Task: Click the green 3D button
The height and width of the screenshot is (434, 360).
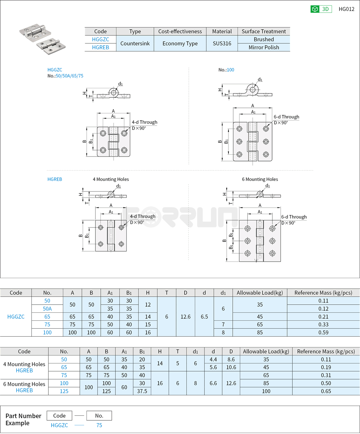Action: click(321, 9)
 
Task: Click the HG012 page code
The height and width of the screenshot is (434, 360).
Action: click(346, 9)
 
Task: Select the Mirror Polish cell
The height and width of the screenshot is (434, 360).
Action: click(264, 47)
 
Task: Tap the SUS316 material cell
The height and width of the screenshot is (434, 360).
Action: click(222, 43)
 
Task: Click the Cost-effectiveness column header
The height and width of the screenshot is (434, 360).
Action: click(180, 31)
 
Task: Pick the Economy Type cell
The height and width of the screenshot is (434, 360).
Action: click(180, 43)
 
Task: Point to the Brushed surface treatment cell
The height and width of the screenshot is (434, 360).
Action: click(264, 39)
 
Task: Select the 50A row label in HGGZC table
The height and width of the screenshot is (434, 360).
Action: click(47, 309)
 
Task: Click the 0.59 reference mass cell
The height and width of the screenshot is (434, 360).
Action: click(323, 332)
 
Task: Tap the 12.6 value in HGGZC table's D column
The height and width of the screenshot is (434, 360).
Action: click(185, 316)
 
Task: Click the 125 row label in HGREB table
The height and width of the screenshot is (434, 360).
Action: click(64, 391)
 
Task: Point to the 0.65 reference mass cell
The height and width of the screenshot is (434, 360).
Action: click(326, 391)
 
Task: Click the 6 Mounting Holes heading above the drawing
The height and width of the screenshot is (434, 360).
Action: click(260, 179)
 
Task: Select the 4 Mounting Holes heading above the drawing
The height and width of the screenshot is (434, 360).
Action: click(111, 179)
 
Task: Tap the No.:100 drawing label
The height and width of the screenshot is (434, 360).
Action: click(226, 70)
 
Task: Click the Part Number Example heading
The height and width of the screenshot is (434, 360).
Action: click(23, 419)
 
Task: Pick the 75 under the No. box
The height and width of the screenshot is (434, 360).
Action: click(99, 425)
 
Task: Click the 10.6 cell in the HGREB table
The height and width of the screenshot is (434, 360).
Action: click(231, 367)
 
